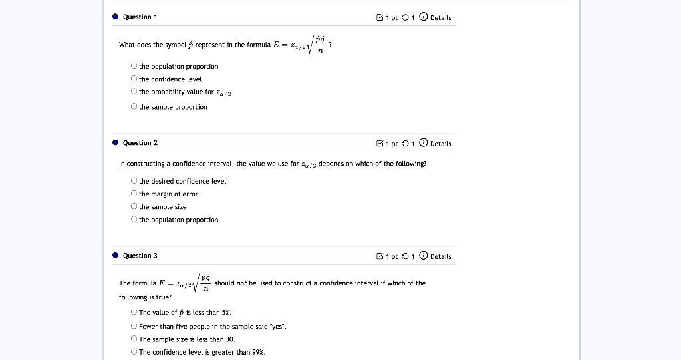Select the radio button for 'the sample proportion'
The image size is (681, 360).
[x=134, y=107]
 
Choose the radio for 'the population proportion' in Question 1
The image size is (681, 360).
[x=134, y=66]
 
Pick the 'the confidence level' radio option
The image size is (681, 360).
[x=134, y=79]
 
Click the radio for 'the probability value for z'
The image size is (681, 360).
[x=134, y=92]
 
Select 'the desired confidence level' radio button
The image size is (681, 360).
[x=134, y=181]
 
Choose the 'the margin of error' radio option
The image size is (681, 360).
[x=134, y=194]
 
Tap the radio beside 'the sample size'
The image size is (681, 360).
[x=134, y=207]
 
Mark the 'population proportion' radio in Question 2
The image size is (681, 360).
[x=134, y=220]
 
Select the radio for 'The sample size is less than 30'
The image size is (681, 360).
[x=134, y=339]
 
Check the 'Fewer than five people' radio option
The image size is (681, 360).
[x=134, y=326]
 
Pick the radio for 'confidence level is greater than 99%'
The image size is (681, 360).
[x=134, y=352]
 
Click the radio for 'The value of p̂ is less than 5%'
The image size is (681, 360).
[x=134, y=312]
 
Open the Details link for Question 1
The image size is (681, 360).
[x=440, y=17]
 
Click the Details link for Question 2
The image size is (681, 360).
[x=440, y=144]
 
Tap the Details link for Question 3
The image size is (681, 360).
[x=440, y=256]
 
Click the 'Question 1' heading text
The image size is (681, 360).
[x=140, y=17]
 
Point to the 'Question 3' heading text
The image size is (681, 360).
[x=140, y=256]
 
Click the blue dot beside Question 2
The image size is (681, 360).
[x=115, y=143]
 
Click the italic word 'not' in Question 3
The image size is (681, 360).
[x=241, y=283]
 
